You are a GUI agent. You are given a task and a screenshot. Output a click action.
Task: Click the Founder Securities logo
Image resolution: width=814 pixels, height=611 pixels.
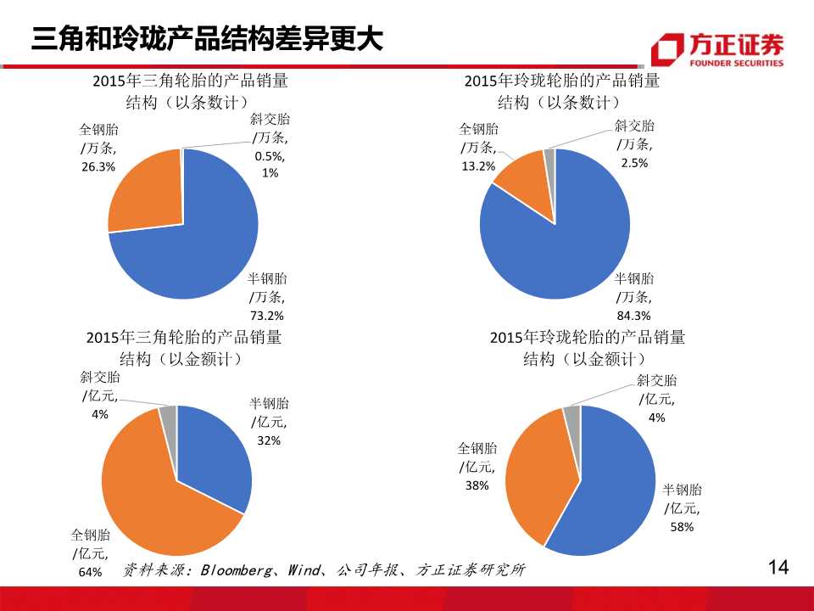click(x=717, y=49)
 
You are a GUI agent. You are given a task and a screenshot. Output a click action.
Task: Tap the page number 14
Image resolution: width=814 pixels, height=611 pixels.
click(x=777, y=568)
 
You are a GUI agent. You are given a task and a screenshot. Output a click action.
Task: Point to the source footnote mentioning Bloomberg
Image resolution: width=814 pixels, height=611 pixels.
click(x=323, y=569)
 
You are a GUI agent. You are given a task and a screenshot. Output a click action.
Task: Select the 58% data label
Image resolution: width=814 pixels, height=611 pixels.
click(x=682, y=527)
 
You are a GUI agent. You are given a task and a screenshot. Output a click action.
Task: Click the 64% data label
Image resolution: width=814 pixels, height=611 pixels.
click(x=90, y=572)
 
